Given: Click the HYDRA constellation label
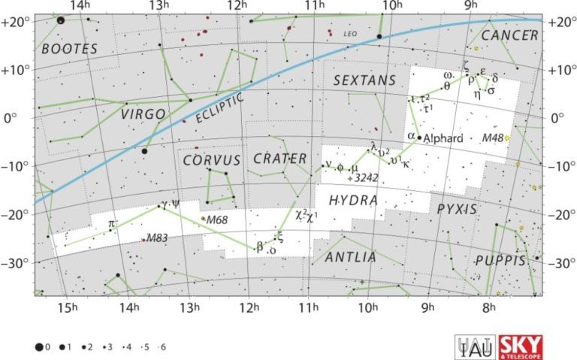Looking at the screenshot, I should pos(352,201).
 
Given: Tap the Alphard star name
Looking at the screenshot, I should pos(441,139).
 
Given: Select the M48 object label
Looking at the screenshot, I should pos(492,138).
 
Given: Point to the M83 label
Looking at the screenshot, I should pos(157,238).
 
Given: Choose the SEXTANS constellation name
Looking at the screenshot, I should pos(364,80).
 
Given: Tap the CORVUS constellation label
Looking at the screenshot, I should pos(211,160).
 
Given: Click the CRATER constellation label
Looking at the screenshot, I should pos(279,159).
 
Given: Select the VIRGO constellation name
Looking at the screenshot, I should pos(143,113).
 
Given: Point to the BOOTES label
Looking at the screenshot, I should pos(70,49).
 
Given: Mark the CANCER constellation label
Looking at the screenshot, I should pos(510,35).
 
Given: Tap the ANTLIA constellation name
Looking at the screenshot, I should pos(350,258).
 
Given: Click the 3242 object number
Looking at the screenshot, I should pos(366,178).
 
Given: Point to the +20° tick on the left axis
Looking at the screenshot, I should pos(16,22).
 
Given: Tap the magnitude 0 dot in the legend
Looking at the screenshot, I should pos(38,347).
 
